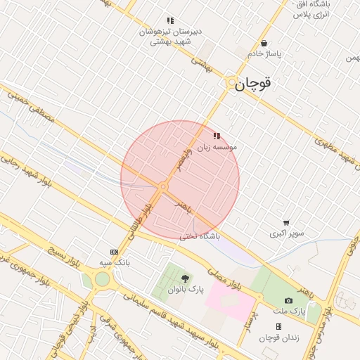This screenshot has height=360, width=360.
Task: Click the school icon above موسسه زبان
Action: pyautogui.click(x=216, y=136)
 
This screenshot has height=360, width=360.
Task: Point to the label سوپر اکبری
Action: pyautogui.click(x=285, y=233)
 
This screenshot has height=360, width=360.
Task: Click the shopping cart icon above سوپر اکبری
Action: pyautogui.click(x=285, y=222)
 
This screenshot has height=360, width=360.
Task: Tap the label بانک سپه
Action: pyautogui.click(x=115, y=262)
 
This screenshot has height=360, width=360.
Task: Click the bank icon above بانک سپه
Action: pyautogui.click(x=114, y=252)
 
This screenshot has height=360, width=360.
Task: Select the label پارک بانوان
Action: pyautogui.click(x=185, y=290)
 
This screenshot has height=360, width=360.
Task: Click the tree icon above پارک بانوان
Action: pyautogui.click(x=185, y=279)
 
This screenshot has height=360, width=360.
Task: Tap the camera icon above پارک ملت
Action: pyautogui.click(x=288, y=300)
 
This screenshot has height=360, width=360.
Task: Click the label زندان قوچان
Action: pyautogui.click(x=279, y=337)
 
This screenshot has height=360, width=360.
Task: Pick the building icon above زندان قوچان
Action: pyautogui.click(x=278, y=327)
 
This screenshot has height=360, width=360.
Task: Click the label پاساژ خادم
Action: pyautogui.click(x=264, y=53)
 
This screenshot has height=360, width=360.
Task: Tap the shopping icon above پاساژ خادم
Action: pyautogui.click(x=264, y=43)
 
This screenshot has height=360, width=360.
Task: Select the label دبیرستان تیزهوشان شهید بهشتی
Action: pyautogui.click(x=169, y=37)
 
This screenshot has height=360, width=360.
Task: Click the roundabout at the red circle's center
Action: pyautogui.click(x=163, y=187)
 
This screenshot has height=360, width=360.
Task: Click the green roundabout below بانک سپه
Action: pyautogui.click(x=103, y=279)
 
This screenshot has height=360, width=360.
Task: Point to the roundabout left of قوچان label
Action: pyautogui.click(x=231, y=83)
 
